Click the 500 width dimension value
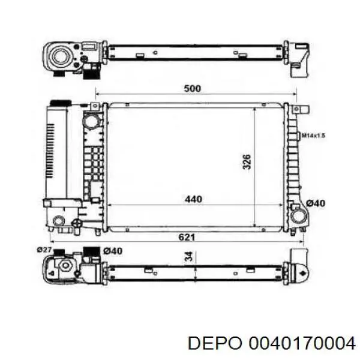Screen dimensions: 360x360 [x=193, y=88]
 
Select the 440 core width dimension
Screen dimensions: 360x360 [x=193, y=199]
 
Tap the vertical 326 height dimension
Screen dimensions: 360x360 [x=247, y=161]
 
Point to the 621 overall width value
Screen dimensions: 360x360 [x=187, y=237]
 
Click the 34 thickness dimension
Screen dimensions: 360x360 [x=189, y=256]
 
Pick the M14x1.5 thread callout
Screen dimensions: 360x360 [x=313, y=136]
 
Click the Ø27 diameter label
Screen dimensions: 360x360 [x=44, y=250]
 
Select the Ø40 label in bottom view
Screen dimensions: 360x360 [x=113, y=251]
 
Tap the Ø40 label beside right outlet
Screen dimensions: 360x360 [x=316, y=203]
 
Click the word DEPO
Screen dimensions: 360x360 [x=215, y=344]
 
